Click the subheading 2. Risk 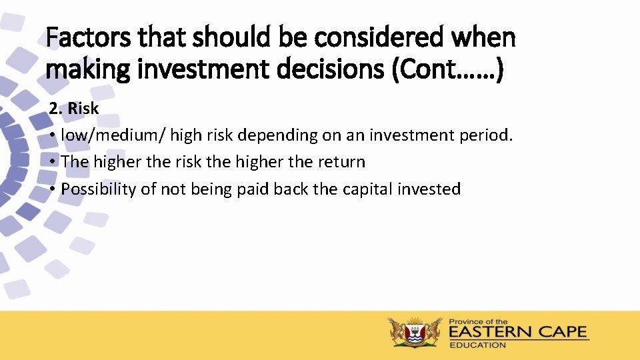tap(73, 108)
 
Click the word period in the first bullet tap(486, 135)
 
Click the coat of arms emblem tap(415, 331)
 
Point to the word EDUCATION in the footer tap(477, 345)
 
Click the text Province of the tap(479, 321)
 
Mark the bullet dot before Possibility tap(52, 190)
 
